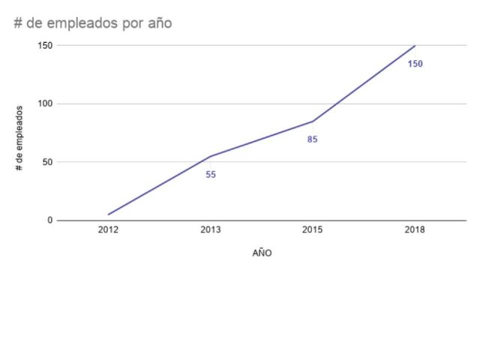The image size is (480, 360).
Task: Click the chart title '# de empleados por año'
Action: pyautogui.click(x=93, y=23)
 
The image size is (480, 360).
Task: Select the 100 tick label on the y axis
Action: pyautogui.click(x=45, y=103)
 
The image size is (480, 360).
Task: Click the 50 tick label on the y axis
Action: pyautogui.click(x=47, y=162)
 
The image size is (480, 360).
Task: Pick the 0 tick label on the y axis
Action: pyautogui.click(x=49, y=220)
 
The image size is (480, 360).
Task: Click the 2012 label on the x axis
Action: pyautogui.click(x=108, y=230)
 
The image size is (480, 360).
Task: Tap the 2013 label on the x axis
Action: pyautogui.click(x=211, y=230)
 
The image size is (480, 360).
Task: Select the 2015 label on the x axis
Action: pyautogui.click(x=313, y=230)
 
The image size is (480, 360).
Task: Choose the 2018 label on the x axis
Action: pyautogui.click(x=415, y=230)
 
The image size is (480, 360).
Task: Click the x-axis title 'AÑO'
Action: pyautogui.click(x=262, y=253)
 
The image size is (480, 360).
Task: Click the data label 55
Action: pyautogui.click(x=211, y=175)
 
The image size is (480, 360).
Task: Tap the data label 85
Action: pyautogui.click(x=313, y=139)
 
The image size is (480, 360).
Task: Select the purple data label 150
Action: pyautogui.click(x=415, y=64)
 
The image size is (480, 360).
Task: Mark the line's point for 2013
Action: pyautogui.click(x=211, y=156)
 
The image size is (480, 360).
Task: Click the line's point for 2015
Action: pyautogui.click(x=313, y=121)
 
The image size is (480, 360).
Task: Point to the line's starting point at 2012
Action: pyautogui.click(x=108, y=214)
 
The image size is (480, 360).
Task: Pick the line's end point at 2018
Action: pyautogui.click(x=415, y=46)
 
